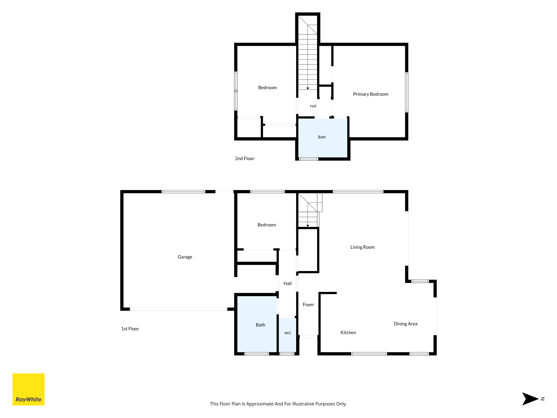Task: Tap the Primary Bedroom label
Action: [371, 94]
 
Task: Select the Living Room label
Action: [363, 247]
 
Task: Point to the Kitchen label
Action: [348, 333]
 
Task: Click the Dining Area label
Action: [406, 324]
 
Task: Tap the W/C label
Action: [288, 333]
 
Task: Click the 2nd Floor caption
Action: [245, 158]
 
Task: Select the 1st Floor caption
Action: [130, 329]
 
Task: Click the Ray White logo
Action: [28, 389]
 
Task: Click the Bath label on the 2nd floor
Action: [322, 137]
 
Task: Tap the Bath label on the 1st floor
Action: [261, 325]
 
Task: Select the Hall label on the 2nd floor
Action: [313, 106]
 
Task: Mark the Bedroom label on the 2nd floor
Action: [267, 88]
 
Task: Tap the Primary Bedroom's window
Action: [407, 92]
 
